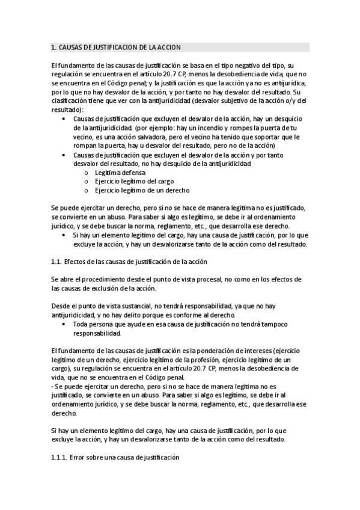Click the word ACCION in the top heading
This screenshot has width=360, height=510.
click(x=168, y=47)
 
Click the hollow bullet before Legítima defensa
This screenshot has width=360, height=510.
click(x=88, y=173)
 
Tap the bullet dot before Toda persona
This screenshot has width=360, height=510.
click(x=64, y=324)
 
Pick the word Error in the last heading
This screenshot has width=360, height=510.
click(x=78, y=458)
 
